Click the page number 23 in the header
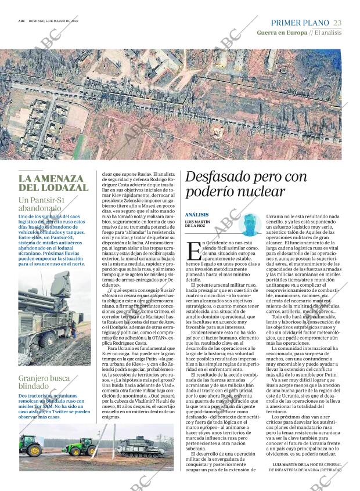(x=337, y=22)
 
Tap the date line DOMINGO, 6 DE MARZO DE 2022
(x=56, y=20)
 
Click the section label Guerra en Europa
(x=281, y=33)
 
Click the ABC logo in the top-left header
(x=21, y=20)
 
